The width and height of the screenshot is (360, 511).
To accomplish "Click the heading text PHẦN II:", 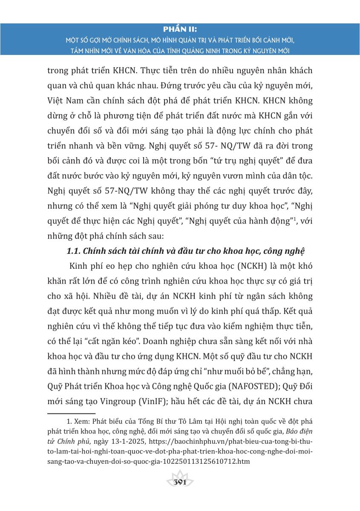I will (180, 30).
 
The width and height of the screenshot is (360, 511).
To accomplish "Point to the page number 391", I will (180, 482).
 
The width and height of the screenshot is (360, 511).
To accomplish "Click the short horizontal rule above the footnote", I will (71, 413).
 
